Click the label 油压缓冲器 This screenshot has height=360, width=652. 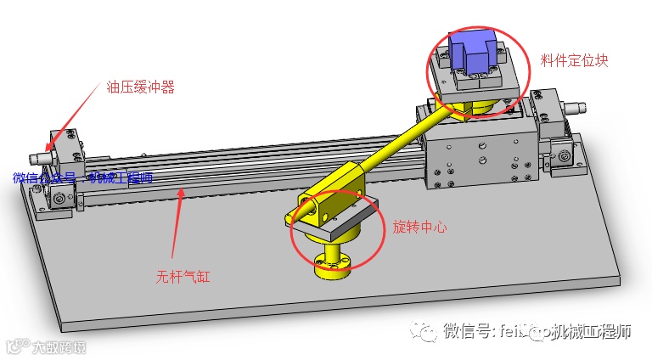click(140, 87)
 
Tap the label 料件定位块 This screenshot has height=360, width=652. click(575, 61)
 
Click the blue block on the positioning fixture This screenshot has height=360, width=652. click(474, 53)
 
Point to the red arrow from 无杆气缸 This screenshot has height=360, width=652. click(177, 225)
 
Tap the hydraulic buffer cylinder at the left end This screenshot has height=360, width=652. click(38, 159)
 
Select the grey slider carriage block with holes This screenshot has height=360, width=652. click(481, 158)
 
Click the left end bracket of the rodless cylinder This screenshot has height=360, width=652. click(61, 174)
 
